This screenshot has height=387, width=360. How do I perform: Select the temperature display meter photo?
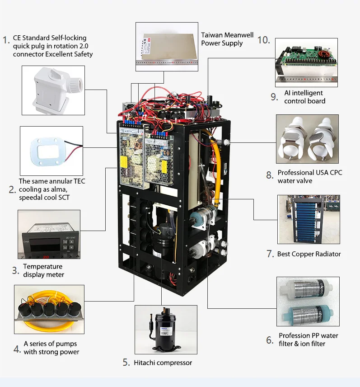click(x=49, y=234)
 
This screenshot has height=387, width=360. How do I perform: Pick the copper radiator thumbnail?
click(x=309, y=219)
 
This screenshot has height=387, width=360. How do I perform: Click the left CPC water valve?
click(x=294, y=138)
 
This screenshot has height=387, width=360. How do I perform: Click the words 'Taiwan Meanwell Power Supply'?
click(x=227, y=39)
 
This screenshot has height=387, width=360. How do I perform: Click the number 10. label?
click(x=264, y=40)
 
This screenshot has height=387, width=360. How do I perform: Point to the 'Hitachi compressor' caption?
click(x=163, y=363)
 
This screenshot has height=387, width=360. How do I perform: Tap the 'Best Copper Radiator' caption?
click(x=309, y=254)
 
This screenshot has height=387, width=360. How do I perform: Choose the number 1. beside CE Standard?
click(x=6, y=40)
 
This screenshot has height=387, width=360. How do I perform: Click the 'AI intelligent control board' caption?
click(x=304, y=97)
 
